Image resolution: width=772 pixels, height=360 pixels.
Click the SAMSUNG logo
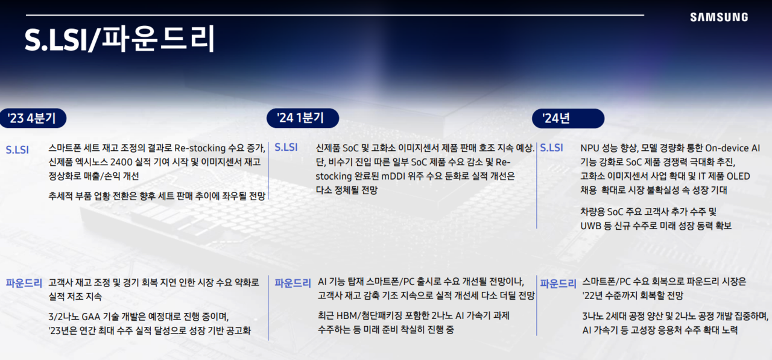coord(719,17)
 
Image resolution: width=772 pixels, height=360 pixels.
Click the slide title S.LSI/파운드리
coord(120,40)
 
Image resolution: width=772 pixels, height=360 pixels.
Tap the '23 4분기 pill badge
coord(33,118)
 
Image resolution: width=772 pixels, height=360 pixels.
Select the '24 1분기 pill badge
coord(302,118)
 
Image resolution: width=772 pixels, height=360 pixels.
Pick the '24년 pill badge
coord(568,118)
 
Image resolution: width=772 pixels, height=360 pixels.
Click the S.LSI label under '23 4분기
coord(17,150)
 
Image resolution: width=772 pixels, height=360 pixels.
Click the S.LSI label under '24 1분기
coord(286,147)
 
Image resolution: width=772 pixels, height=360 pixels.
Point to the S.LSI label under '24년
coord(551,148)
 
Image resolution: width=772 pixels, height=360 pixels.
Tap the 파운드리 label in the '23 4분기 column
coord(24,282)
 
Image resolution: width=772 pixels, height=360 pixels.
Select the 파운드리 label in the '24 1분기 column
coord(293,283)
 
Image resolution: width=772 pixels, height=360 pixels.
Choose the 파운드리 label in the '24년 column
coord(558,283)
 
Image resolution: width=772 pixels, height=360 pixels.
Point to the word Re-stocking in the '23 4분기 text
coord(198,148)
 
